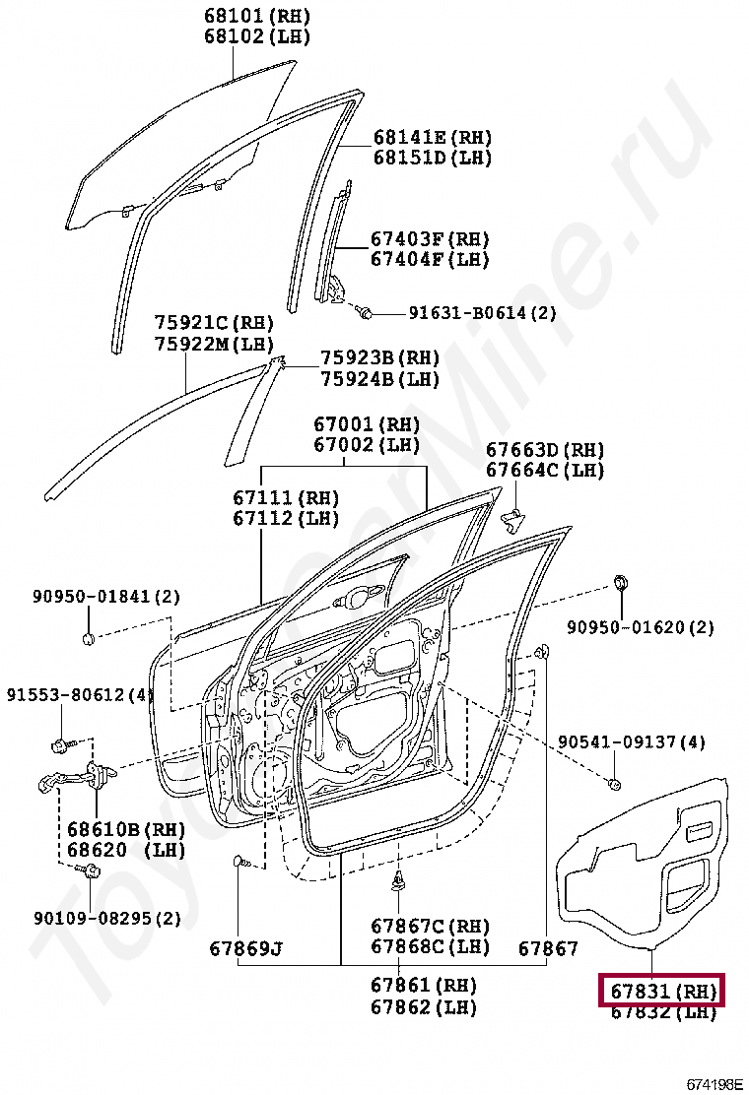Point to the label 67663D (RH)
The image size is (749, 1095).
pyautogui.click(x=544, y=450)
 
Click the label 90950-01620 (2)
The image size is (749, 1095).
pyautogui.click(x=641, y=627)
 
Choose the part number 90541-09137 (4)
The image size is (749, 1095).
pyautogui.click(x=632, y=741)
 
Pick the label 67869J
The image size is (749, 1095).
pyautogui.click(x=245, y=949)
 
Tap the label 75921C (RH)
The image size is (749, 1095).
pyautogui.click(x=214, y=324)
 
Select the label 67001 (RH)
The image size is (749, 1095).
pyautogui.click(x=367, y=425)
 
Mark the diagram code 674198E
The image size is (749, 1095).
pyautogui.click(x=714, y=1084)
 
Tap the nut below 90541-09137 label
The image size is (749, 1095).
pyautogui.click(x=614, y=784)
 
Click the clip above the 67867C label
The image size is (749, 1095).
pyautogui.click(x=399, y=880)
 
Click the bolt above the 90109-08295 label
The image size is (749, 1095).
pyautogui.click(x=92, y=870)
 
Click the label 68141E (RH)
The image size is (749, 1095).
pyautogui.click(x=432, y=137)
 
